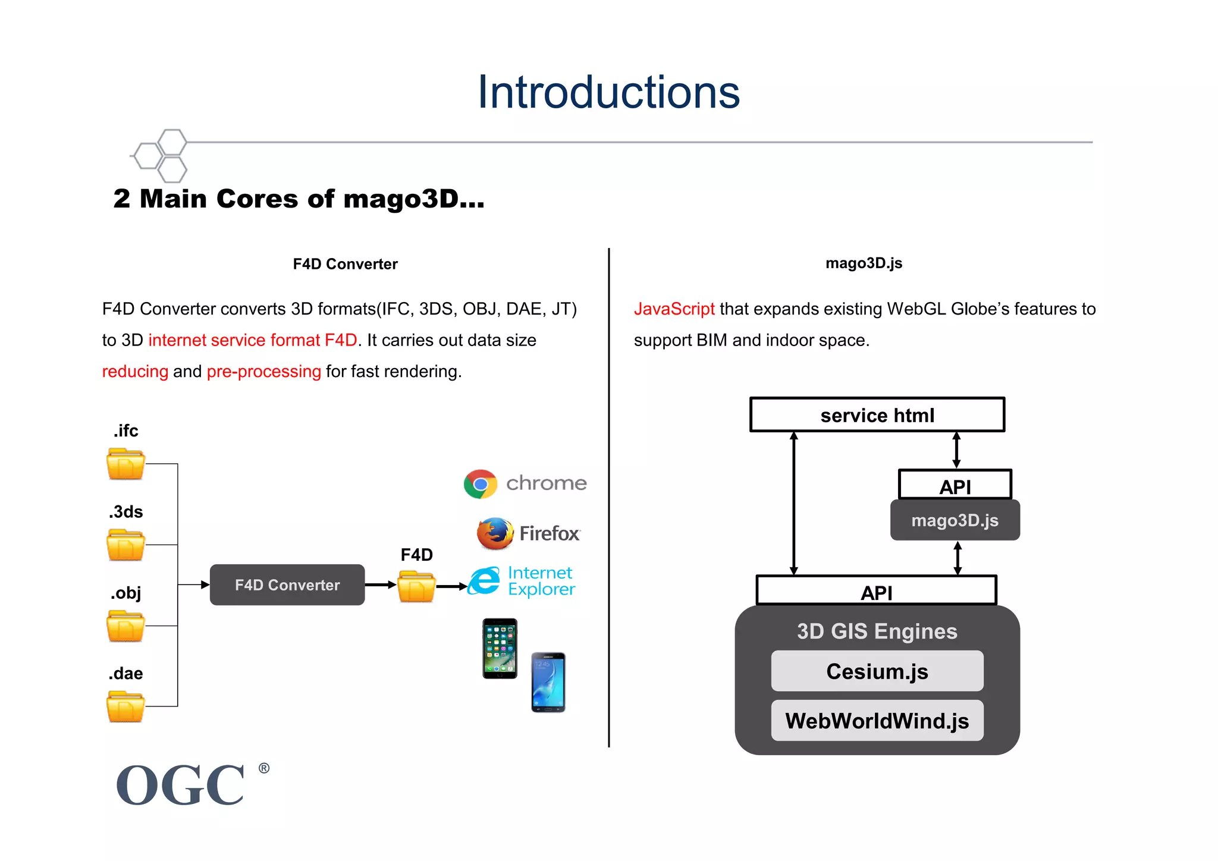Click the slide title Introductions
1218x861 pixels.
click(608, 92)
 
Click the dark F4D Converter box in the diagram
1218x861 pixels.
click(287, 585)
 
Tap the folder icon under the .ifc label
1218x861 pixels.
click(125, 464)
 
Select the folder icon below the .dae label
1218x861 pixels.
click(125, 706)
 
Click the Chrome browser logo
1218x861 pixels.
click(481, 484)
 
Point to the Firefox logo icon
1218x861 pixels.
click(495, 533)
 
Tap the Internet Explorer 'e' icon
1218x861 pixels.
click(484, 582)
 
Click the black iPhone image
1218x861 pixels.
click(500, 649)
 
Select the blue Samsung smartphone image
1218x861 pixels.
click(548, 682)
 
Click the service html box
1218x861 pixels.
click(877, 415)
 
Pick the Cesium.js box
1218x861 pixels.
click(877, 671)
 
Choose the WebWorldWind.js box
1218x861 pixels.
click(877, 721)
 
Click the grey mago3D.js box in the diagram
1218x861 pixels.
click(955, 520)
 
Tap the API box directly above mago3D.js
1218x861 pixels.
click(955, 485)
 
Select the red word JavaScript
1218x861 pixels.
click(674, 309)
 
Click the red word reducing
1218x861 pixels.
click(135, 372)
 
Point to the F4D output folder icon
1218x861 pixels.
click(416, 587)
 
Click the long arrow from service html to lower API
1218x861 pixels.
click(793, 503)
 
